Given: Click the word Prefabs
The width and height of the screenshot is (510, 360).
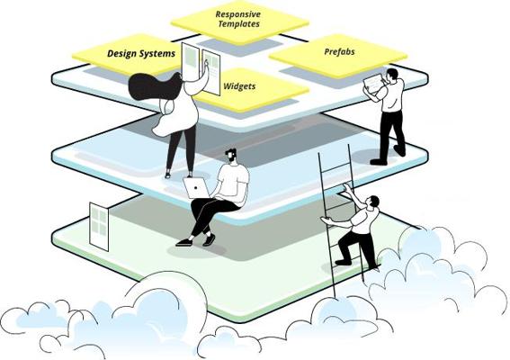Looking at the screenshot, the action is pyautogui.click(x=339, y=52).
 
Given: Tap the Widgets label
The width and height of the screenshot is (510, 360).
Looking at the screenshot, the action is pyautogui.click(x=239, y=86).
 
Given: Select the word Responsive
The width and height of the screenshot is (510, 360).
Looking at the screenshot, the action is pyautogui.click(x=238, y=14).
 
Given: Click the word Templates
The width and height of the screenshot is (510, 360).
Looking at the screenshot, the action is pyautogui.click(x=239, y=23).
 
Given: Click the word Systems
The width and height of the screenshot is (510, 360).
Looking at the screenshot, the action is pyautogui.click(x=158, y=53).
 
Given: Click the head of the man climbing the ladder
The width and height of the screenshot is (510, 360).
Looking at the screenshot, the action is pyautogui.click(x=373, y=202).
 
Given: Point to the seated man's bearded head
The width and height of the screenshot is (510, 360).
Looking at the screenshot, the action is pyautogui.click(x=230, y=156).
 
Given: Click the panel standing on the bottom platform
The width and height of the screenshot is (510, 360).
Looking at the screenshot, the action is pyautogui.click(x=99, y=226).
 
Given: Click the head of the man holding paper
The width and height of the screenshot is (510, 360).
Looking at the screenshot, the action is pyautogui.click(x=391, y=75).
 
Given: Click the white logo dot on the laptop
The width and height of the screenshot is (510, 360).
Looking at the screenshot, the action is pyautogui.click(x=196, y=187).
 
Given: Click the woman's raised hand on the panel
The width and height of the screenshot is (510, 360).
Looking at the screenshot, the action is pyautogui.click(x=206, y=63).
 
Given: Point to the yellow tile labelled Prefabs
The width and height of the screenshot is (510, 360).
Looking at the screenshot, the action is pyautogui.click(x=338, y=56).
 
